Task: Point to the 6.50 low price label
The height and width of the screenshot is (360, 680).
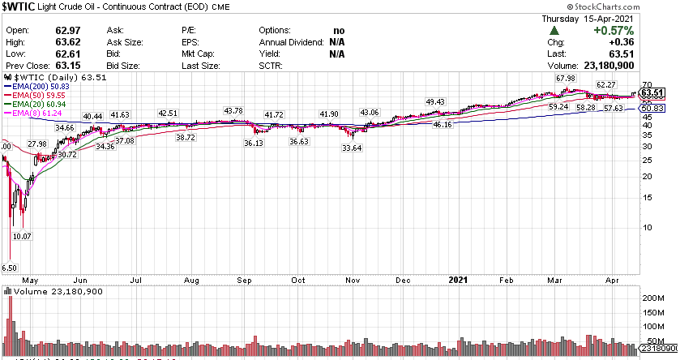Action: point(10,267)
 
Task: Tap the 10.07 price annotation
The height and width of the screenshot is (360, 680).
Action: point(21,236)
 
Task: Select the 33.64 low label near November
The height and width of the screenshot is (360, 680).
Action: point(352,148)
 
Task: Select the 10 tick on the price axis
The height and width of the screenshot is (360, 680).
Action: point(648,226)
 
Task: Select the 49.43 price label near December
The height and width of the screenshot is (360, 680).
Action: point(435,101)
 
